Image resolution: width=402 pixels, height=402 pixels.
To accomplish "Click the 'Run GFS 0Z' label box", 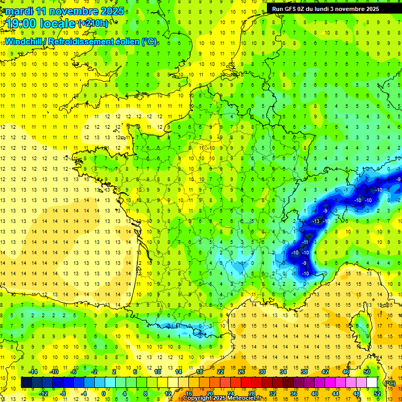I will [x=330, y=9].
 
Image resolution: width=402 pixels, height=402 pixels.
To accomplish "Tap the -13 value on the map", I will [x=316, y=222].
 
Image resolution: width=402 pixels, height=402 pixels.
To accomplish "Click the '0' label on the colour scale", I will [x=104, y=394].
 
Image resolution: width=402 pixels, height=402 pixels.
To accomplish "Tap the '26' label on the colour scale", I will [x=241, y=371].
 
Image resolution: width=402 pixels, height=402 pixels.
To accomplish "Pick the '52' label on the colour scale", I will [x=377, y=394].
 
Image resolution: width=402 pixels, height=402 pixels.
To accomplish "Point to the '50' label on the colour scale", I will [x=367, y=371].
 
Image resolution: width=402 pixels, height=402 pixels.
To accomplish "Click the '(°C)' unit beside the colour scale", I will [x=389, y=383].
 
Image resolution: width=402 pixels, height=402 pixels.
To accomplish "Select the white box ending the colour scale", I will [x=372, y=383].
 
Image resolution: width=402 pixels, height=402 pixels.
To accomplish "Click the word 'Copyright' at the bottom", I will [x=199, y=398].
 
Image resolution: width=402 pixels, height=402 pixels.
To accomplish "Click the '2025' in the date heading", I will [x=113, y=11].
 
